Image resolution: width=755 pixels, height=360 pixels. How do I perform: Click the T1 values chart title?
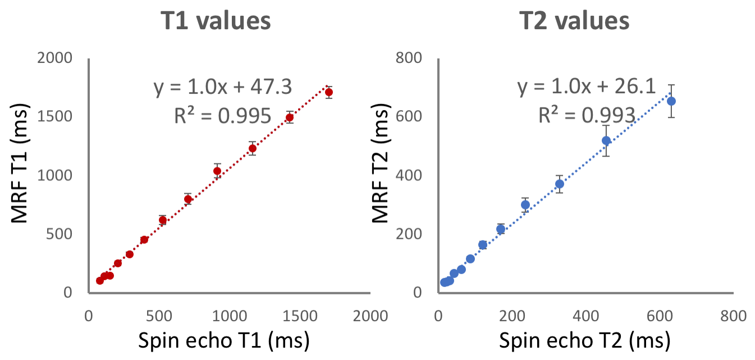pos(215,21)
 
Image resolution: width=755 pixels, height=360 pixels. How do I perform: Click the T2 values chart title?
pos(574,21)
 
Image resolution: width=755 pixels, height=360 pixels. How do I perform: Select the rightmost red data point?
pos(329,92)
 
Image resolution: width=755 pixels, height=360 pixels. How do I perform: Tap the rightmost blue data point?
pos(671,101)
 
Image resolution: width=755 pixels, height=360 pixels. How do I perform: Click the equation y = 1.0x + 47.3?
pos(223,88)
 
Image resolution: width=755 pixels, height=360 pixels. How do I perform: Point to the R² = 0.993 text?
pos(587,116)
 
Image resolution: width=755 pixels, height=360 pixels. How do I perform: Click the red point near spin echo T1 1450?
pos(290,117)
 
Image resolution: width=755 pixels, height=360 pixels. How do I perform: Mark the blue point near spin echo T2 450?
pos(606,140)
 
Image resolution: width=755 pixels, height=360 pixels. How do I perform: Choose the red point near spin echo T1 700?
pos(188,199)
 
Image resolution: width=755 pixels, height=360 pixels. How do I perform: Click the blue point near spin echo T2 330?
pos(560,184)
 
